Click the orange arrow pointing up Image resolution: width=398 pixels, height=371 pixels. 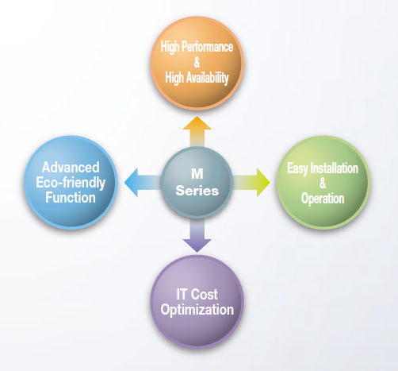197,132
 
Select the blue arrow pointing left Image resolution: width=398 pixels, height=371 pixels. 143,183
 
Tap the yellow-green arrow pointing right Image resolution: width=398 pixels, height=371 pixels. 251,183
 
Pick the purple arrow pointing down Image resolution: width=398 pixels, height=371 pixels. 197,235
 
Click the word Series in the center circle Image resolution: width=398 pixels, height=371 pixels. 197,191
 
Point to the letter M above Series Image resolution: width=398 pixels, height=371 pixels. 197,174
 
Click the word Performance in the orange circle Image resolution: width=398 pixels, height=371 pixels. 208,47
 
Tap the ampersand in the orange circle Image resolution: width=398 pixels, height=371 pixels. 197,62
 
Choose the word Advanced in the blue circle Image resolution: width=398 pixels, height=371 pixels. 71,168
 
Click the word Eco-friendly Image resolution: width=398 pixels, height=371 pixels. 71,183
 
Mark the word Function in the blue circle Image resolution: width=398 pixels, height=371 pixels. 71,198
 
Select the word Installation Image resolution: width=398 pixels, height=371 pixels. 335,168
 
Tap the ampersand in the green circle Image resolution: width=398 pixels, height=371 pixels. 323,183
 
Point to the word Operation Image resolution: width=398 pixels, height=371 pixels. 323,199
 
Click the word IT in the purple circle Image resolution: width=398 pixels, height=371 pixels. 182,294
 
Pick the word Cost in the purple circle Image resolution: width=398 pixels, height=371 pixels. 204,294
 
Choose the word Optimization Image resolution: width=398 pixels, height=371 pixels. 197,310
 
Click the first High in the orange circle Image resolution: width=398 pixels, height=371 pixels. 170,47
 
